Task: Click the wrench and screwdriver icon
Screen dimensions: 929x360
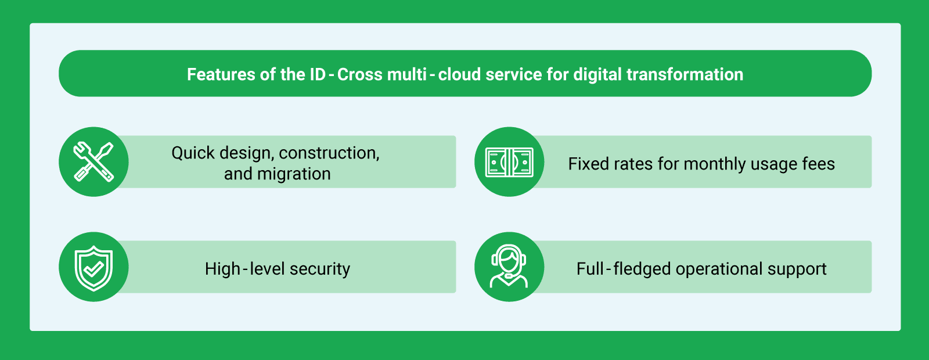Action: (93, 162)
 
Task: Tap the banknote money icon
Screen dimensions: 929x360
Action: (509, 162)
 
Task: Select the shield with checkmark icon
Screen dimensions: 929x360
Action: (93, 268)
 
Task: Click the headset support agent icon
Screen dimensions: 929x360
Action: (509, 267)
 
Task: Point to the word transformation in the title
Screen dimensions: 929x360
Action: (685, 75)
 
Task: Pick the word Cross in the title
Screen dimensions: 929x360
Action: (359, 75)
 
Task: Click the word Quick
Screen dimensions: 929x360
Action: (193, 153)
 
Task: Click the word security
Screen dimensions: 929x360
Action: (320, 269)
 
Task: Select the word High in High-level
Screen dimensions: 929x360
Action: (222, 269)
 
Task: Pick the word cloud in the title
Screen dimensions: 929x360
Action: (459, 75)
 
